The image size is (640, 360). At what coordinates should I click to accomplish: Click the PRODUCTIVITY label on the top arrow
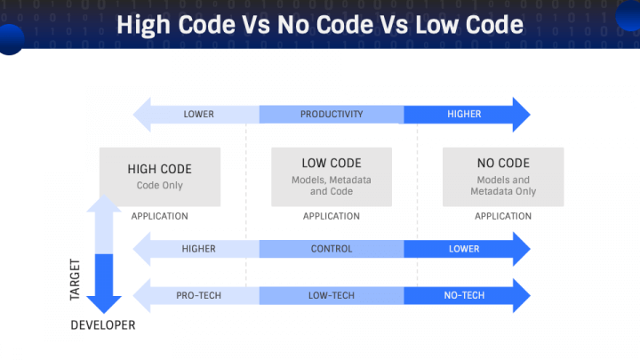point(332,115)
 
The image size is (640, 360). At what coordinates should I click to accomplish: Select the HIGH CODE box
point(160,175)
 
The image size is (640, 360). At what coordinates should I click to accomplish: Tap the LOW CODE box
point(332,175)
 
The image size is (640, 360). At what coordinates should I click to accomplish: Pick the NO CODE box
point(503,175)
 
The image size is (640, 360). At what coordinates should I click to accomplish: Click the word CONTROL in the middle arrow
point(332,249)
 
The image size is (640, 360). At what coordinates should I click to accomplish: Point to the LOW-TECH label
point(332,295)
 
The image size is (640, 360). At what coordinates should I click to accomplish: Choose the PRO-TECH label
point(198,295)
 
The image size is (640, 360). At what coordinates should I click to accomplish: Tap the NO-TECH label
point(464,295)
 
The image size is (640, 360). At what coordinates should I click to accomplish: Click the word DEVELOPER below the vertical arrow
point(103,325)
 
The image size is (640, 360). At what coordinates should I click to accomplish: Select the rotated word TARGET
point(76,279)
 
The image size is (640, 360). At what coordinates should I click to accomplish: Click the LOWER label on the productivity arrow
point(198,115)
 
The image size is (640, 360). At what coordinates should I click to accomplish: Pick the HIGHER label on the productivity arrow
point(464,115)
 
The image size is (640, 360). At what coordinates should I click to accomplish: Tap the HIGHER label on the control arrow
point(198,249)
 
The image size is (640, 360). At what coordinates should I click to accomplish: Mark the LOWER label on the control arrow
point(464,249)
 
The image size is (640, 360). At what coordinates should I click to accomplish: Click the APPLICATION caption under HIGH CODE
point(160,216)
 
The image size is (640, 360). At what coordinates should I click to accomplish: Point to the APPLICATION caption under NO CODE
point(503,216)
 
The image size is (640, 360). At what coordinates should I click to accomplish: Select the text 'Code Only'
point(160,185)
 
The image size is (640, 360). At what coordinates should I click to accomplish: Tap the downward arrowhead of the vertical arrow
point(104,303)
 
